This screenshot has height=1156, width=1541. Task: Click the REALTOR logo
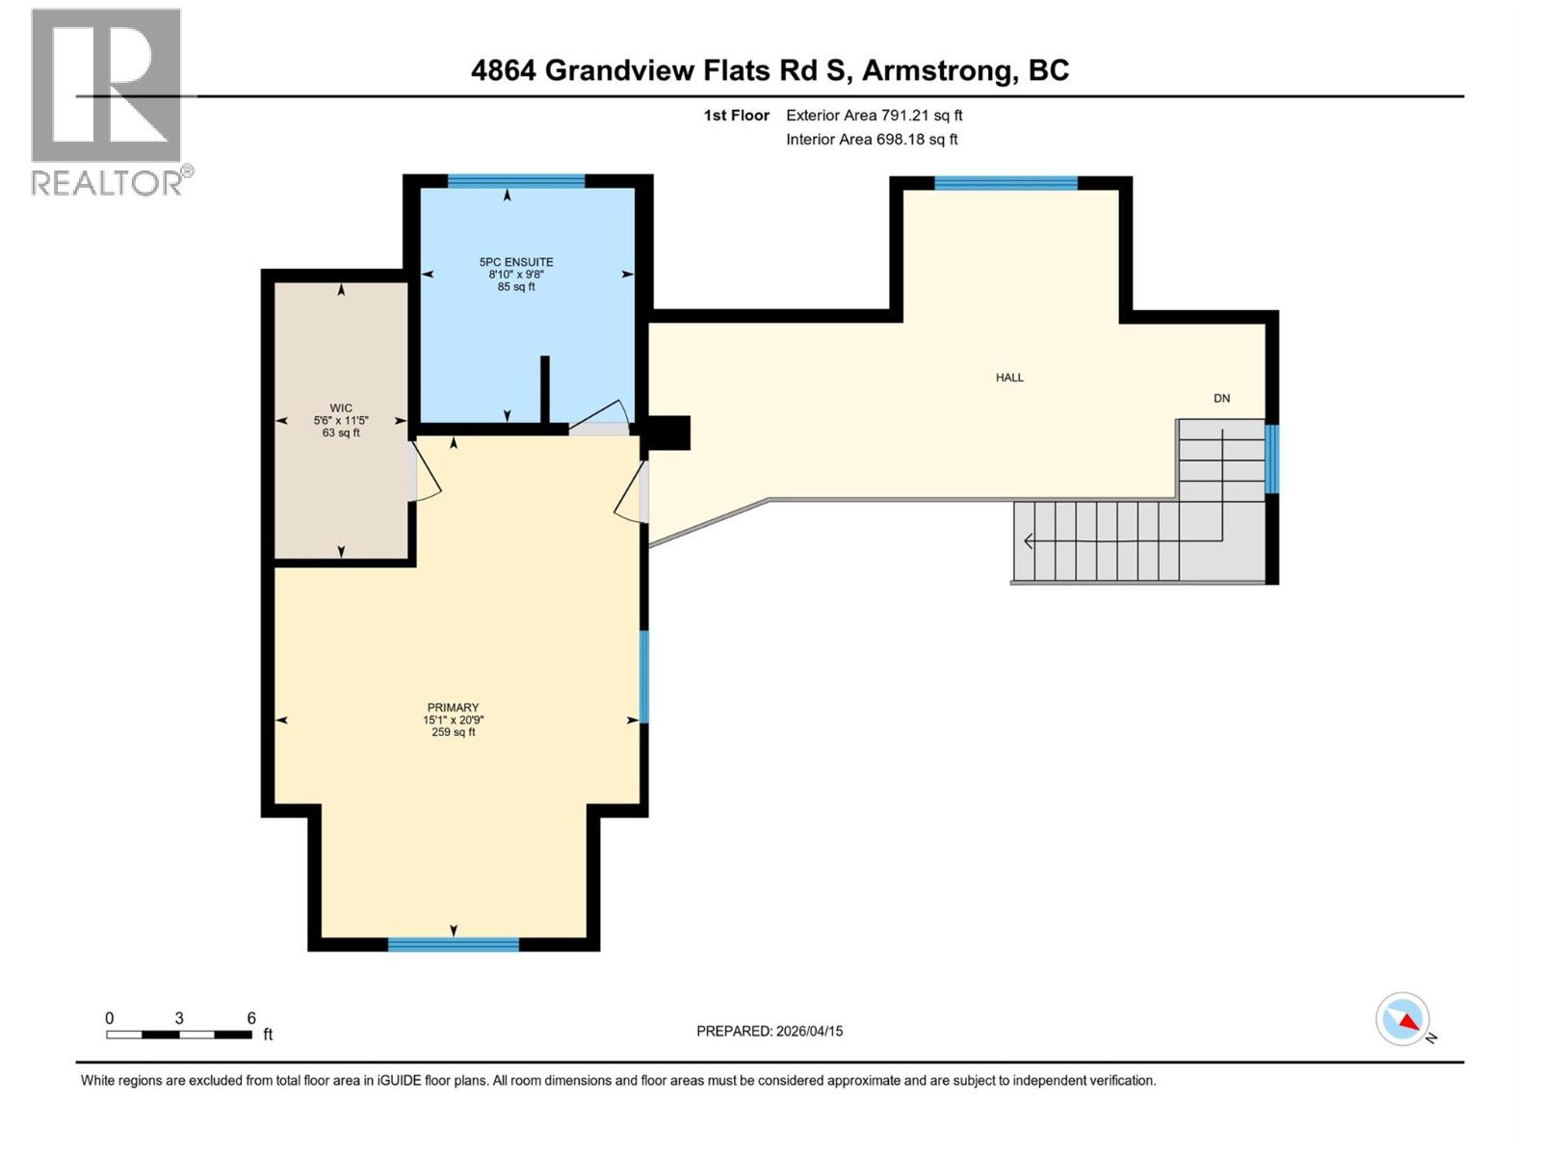pos(107,102)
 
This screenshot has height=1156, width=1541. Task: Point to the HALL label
pos(1009,378)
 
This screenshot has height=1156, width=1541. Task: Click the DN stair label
pos(1221,398)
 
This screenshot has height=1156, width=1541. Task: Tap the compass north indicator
pos(1403,1020)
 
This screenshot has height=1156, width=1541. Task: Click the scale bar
pos(179,1035)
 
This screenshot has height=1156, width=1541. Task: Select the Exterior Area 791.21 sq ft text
pos(874,116)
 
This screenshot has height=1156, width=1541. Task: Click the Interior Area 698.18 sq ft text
pos(872,140)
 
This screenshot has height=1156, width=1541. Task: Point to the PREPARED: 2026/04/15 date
pos(770,1031)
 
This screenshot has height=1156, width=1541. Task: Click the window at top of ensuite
pos(516,181)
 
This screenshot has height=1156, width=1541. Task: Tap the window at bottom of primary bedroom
pos(453,945)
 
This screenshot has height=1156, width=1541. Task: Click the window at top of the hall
pos(1006,183)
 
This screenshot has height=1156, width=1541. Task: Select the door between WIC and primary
pos(424,472)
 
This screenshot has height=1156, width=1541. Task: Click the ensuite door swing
pos(602,419)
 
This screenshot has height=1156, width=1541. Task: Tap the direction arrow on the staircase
pos(1029,541)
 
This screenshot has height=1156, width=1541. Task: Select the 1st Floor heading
pos(736,116)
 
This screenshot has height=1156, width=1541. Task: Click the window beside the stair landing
pos(1271,459)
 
